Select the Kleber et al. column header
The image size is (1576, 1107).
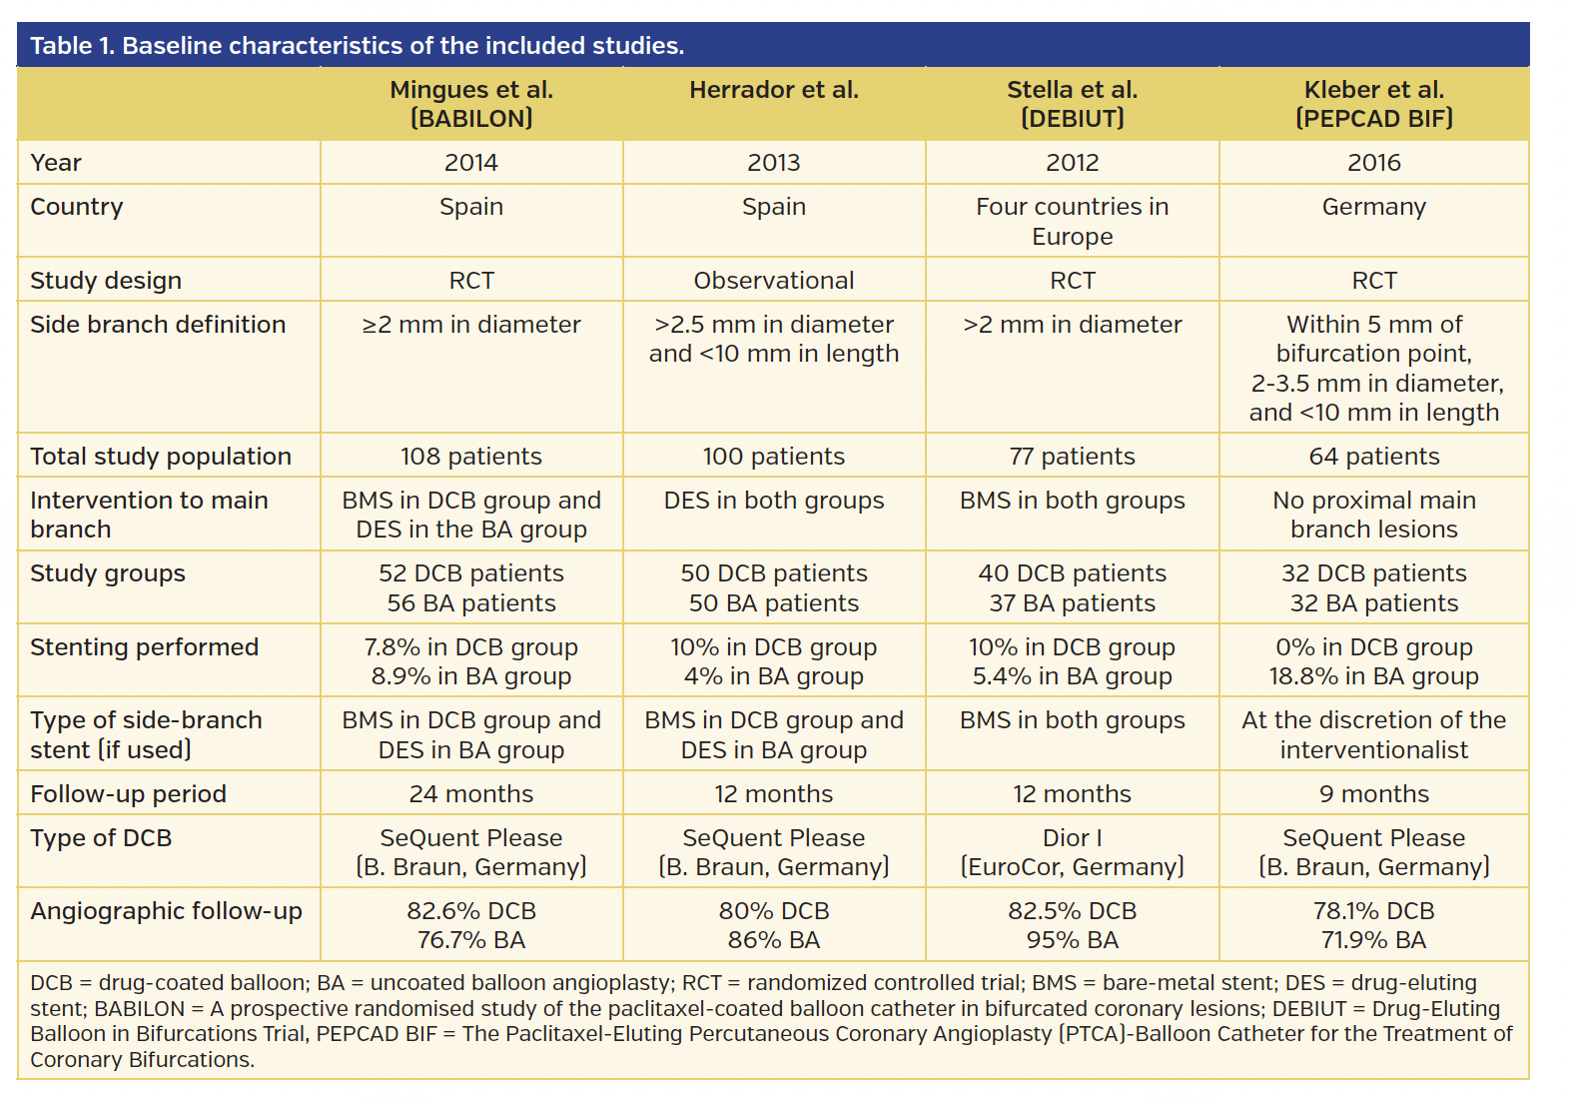pyautogui.click(x=1373, y=104)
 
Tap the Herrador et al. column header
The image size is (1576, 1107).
pyautogui.click(x=773, y=90)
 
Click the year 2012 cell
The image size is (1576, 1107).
pyautogui.click(x=1072, y=163)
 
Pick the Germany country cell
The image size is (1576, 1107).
pyautogui.click(x=1373, y=207)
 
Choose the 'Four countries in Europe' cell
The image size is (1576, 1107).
pyautogui.click(x=1072, y=222)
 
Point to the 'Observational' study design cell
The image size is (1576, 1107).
pyautogui.click(x=773, y=281)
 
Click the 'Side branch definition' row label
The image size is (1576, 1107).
pyautogui.click(x=158, y=325)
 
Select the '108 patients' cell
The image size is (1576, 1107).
pyautogui.click(x=470, y=457)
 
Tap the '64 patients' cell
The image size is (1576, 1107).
pyautogui.click(x=1373, y=457)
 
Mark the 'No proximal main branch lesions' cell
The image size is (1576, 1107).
pyautogui.click(x=1373, y=515)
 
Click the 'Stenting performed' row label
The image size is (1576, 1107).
pyautogui.click(x=144, y=647)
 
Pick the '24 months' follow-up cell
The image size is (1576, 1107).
pyautogui.click(x=470, y=794)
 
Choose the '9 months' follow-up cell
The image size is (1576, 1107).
pyautogui.click(x=1373, y=794)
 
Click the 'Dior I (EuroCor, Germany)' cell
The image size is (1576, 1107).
pyautogui.click(x=1072, y=852)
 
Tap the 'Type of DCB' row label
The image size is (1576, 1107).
pyautogui.click(x=101, y=838)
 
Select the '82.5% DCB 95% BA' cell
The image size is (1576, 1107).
pyautogui.click(x=1072, y=925)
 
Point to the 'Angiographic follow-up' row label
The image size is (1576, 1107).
pyautogui.click(x=166, y=911)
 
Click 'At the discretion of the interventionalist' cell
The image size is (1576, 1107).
pyautogui.click(x=1373, y=735)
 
